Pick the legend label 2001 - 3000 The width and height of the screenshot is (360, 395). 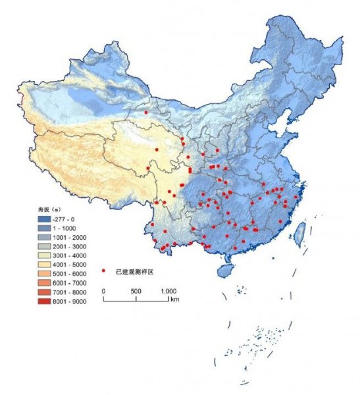[77, 246]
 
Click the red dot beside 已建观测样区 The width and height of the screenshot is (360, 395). [103, 271]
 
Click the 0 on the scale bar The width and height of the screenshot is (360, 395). [103, 290]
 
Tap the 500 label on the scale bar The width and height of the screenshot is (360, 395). [136, 290]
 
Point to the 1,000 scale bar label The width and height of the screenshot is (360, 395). [168, 290]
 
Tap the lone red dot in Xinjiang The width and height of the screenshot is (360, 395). [146, 113]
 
